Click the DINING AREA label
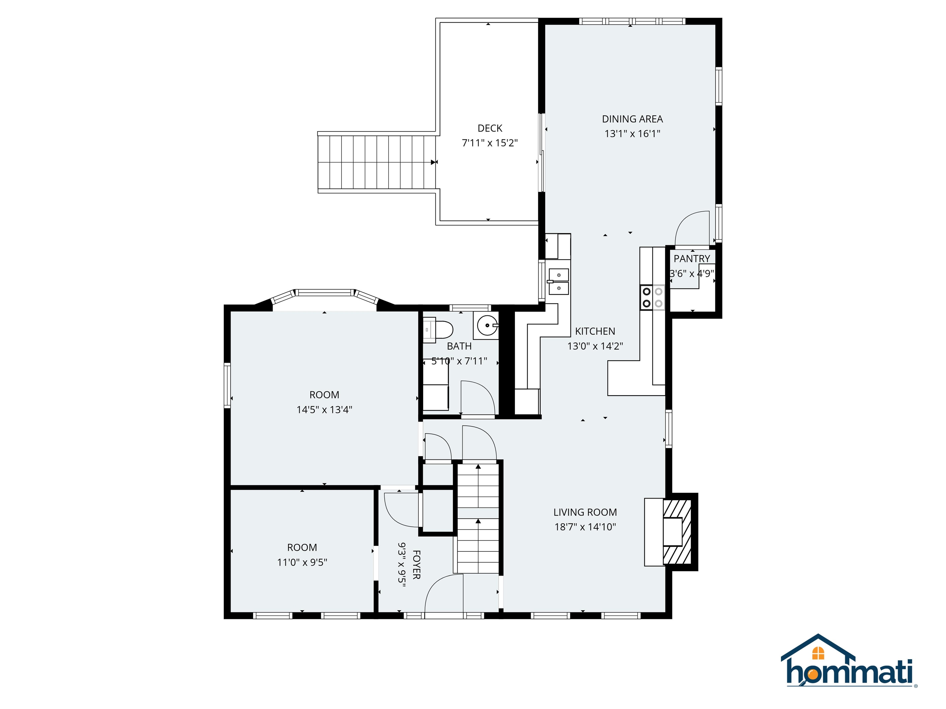[632, 119]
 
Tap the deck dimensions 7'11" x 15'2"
[490, 143]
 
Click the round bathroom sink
[486, 326]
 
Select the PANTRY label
[692, 258]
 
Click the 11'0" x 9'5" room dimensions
[302, 562]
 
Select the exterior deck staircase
[376, 162]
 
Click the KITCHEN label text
[595, 331]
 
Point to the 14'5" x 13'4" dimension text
[324, 409]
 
